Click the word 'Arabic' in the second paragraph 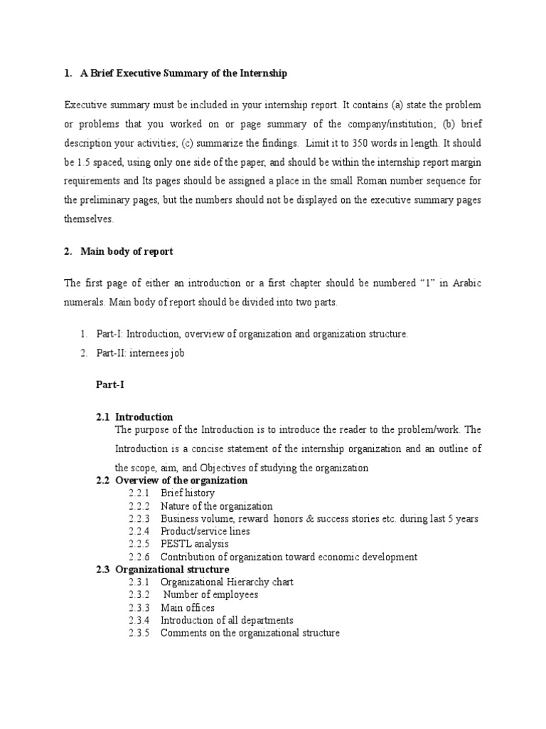[x=466, y=283]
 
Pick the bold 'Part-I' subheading [x=110, y=385]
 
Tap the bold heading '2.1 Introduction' [x=134, y=416]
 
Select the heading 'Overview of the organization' [x=181, y=481]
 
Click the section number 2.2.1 [x=140, y=493]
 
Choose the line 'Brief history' [x=188, y=493]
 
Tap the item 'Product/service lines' [x=205, y=531]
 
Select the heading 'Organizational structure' [x=172, y=570]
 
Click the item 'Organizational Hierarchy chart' [x=227, y=582]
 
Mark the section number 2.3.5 [x=140, y=633]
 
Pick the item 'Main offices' [x=188, y=607]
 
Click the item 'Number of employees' [x=210, y=594]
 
